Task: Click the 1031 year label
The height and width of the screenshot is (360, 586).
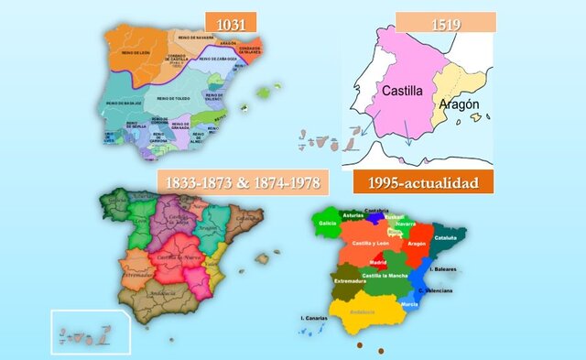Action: [x=230, y=22]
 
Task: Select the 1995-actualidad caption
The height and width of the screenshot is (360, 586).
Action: [x=422, y=182]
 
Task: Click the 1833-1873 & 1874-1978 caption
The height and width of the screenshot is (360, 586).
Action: [x=243, y=181]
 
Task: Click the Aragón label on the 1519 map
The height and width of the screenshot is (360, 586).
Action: [x=459, y=105]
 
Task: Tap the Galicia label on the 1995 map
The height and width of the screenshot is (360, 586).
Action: [x=327, y=223]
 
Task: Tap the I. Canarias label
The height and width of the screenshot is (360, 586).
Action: [x=315, y=317]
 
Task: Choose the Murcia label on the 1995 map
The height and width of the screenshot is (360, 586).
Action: [x=409, y=303]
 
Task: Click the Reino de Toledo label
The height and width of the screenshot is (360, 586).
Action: [x=172, y=98]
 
